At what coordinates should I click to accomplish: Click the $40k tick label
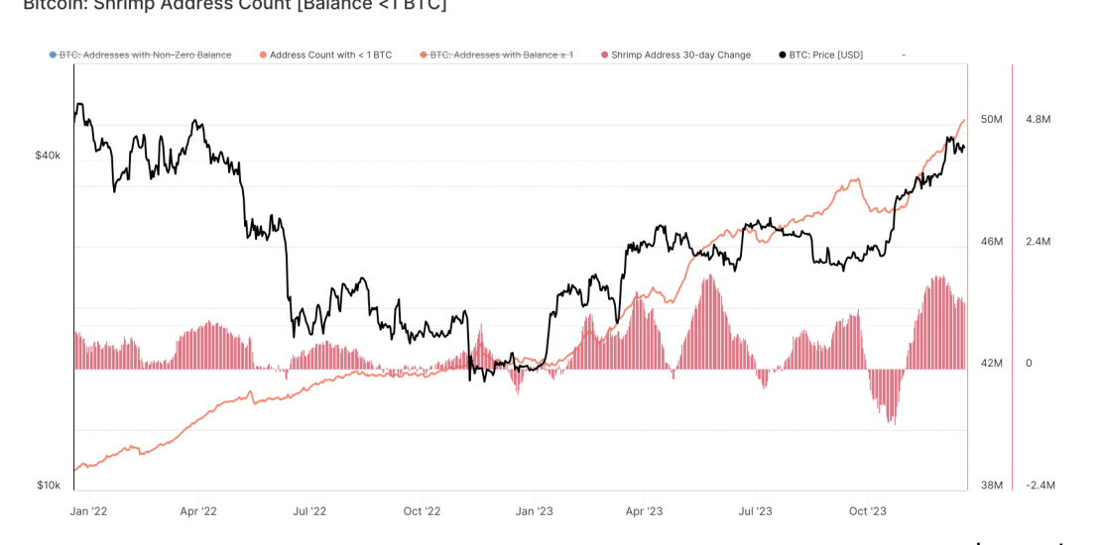click(48, 156)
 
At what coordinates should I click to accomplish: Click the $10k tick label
click(48, 486)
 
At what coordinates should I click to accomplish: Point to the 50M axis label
click(991, 119)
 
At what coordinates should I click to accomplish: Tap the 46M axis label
click(991, 242)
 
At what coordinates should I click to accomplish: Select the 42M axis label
click(991, 364)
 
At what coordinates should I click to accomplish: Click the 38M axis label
click(991, 486)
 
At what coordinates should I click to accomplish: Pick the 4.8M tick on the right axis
click(1038, 119)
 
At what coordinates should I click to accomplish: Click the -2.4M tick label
click(1040, 486)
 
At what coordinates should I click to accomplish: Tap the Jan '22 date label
click(88, 511)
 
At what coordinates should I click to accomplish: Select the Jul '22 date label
click(309, 511)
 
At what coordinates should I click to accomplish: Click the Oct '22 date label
click(422, 511)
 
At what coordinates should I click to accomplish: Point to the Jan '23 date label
click(534, 511)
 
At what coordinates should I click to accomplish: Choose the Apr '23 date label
click(644, 511)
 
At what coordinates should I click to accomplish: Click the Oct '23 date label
click(868, 511)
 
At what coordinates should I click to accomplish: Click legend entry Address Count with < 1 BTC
click(330, 55)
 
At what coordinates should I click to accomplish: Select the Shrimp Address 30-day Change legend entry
click(680, 55)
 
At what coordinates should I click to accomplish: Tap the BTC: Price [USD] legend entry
click(825, 55)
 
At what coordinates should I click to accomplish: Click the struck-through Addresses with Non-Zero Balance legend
click(145, 55)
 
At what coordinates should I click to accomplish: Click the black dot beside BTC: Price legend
click(783, 55)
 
